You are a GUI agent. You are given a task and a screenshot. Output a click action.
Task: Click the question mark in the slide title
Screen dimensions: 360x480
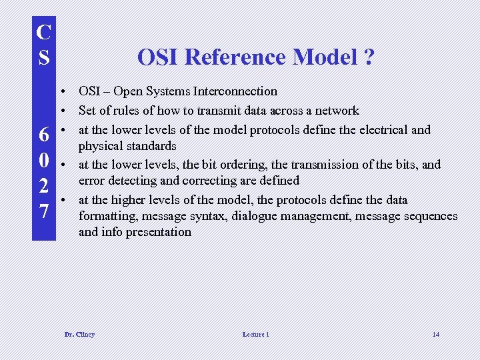point(369,58)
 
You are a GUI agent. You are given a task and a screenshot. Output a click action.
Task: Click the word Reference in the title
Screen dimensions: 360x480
point(238,58)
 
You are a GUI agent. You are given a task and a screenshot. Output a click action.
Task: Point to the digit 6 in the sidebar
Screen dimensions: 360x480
point(43,136)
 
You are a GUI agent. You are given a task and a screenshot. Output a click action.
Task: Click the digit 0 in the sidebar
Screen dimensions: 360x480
point(43,161)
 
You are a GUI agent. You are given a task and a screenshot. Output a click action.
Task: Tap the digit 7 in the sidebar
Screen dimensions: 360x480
point(43,211)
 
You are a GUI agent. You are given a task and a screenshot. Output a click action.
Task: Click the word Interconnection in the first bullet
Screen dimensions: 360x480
point(236,91)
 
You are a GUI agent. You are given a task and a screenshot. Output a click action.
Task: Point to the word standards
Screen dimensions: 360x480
point(150,146)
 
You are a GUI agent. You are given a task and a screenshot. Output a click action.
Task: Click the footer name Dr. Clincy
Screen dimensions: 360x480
point(79,334)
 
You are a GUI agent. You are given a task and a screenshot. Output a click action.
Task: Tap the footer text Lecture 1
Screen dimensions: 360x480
point(256,334)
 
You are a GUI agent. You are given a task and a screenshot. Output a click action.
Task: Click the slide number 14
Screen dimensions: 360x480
point(435,334)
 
